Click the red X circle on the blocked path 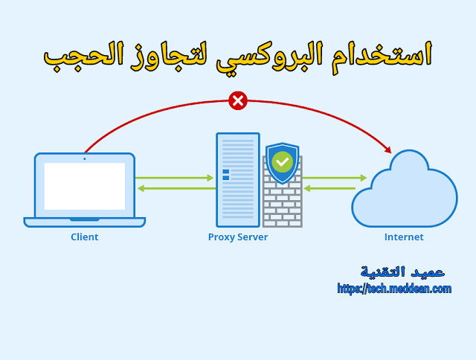pyautogui.click(x=238, y=100)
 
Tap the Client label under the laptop pyautogui.click(x=84, y=237)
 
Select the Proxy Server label pyautogui.click(x=238, y=237)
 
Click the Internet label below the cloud pyautogui.click(x=404, y=237)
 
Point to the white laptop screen pyautogui.click(x=84, y=186)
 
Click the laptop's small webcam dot pyautogui.click(x=84, y=158)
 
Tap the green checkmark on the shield pyautogui.click(x=282, y=161)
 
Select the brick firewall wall pyautogui.click(x=283, y=205)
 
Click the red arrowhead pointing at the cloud pyautogui.click(x=387, y=150)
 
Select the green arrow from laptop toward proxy pyautogui.click(x=175, y=178)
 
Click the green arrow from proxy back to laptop pyautogui.click(x=175, y=188)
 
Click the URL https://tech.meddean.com pyautogui.click(x=394, y=289)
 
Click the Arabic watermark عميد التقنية pyautogui.click(x=402, y=271)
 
